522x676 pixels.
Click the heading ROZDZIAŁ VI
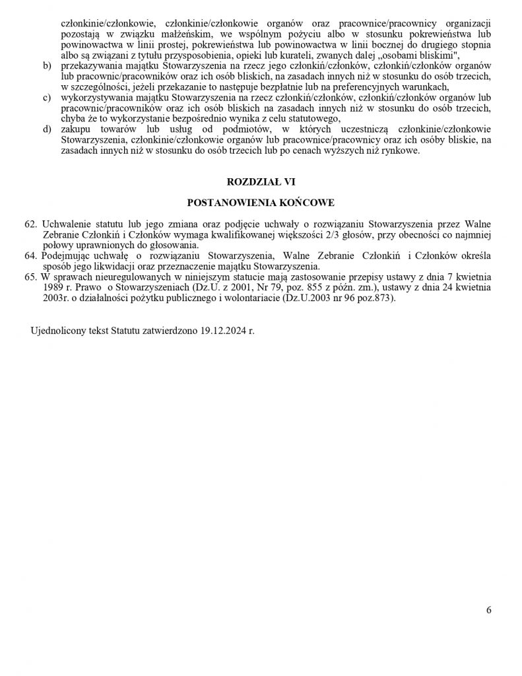[x=261, y=181]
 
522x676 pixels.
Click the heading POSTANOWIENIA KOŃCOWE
[x=261, y=202]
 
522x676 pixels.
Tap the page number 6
[x=488, y=610]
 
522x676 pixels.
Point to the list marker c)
[x=46, y=98]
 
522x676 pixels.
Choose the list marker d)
[x=46, y=129]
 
